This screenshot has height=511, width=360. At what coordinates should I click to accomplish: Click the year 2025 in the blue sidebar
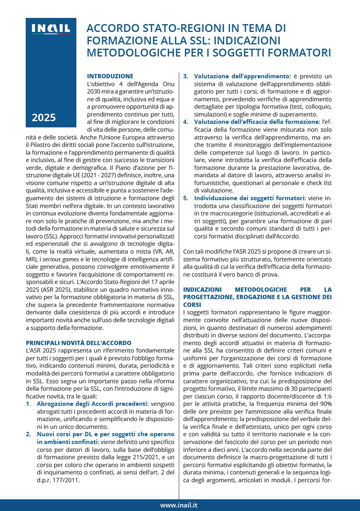pyautogui.click(x=44, y=117)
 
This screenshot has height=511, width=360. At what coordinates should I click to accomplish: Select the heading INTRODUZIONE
pyautogui.click(x=110, y=76)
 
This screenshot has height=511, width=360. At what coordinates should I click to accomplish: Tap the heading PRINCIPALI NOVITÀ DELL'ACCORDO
pyautogui.click(x=79, y=343)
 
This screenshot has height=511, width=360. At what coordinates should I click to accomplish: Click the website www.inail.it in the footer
pyautogui.click(x=179, y=505)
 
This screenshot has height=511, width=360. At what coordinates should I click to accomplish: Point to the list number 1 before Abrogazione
pyautogui.click(x=28, y=404)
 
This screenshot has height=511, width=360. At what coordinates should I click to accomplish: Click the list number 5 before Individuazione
pyautogui.click(x=186, y=198)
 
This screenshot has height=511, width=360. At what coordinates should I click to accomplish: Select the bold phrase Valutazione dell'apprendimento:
pyautogui.click(x=242, y=76)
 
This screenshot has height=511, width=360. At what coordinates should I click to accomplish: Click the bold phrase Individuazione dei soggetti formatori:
pyautogui.click(x=250, y=198)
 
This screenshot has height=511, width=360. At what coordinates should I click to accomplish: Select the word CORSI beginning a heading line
pyautogui.click(x=192, y=304)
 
